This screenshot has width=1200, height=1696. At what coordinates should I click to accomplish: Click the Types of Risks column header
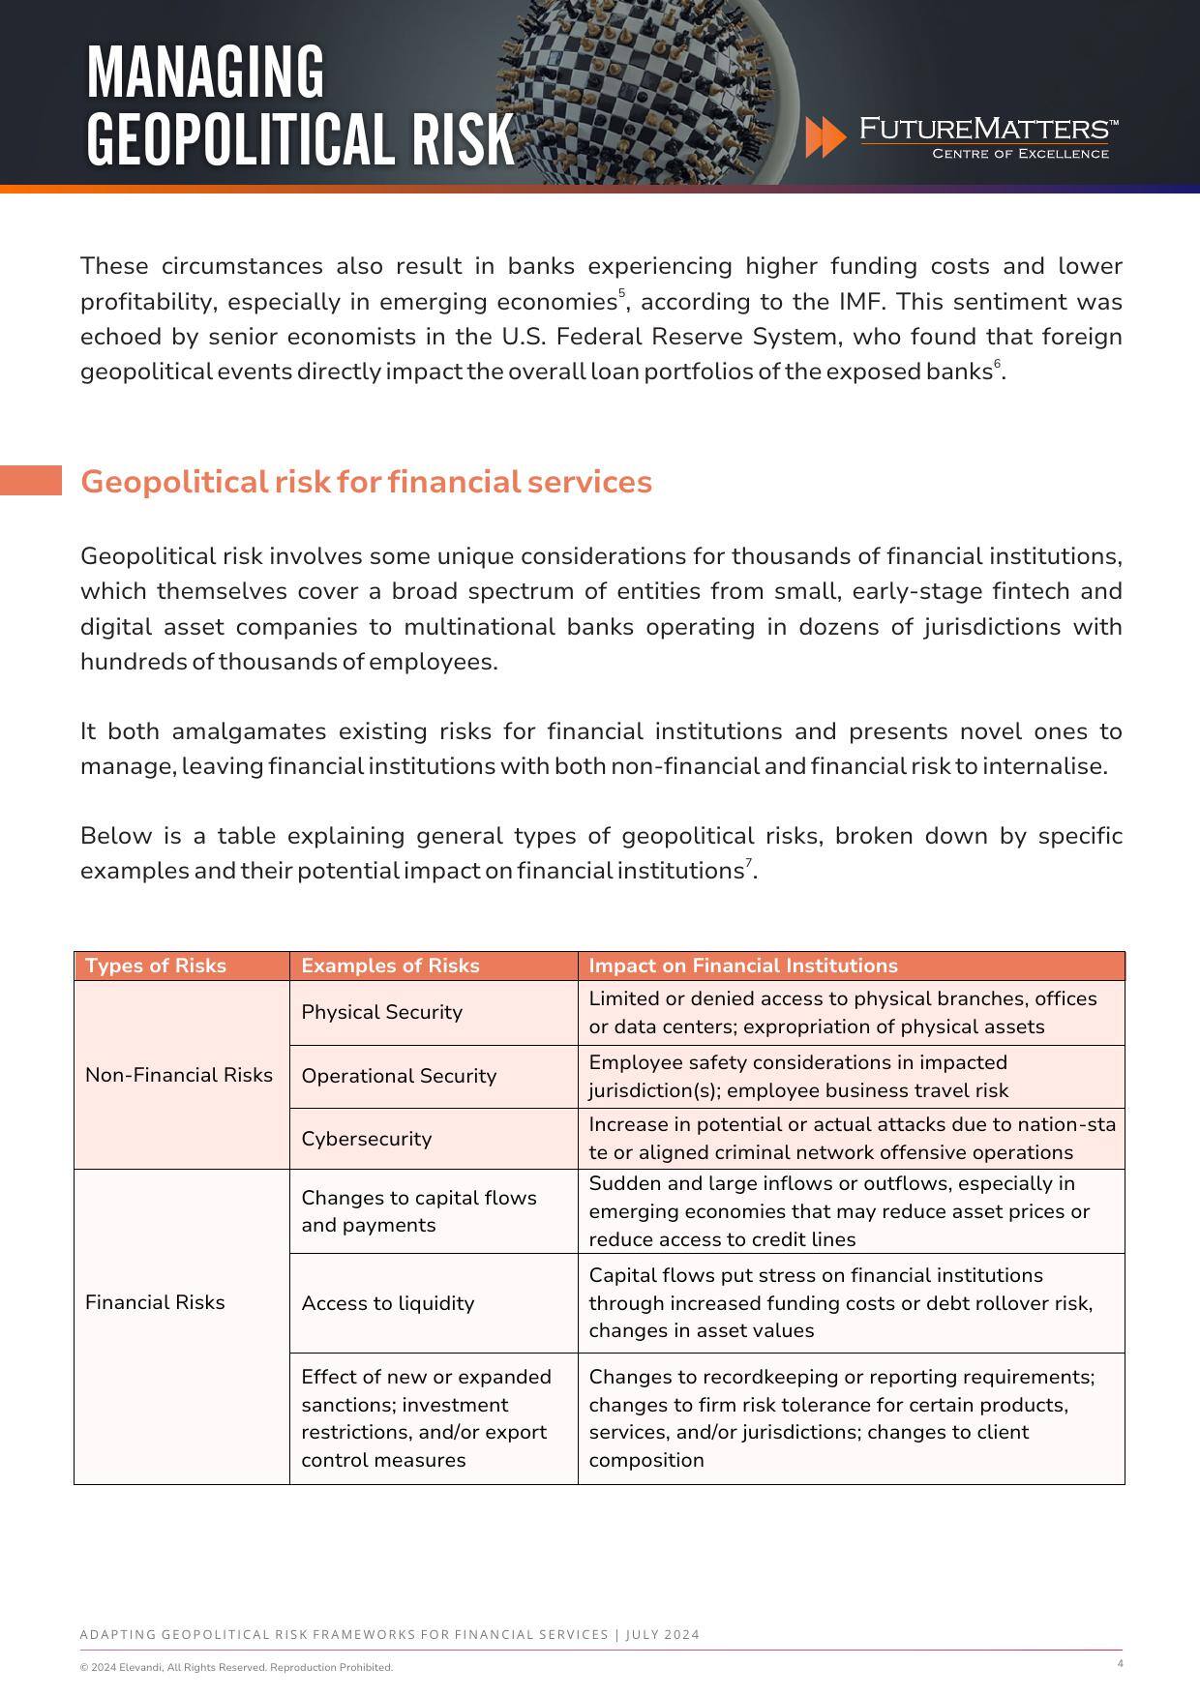[156, 966]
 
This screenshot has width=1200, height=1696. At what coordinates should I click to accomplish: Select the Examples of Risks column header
[390, 966]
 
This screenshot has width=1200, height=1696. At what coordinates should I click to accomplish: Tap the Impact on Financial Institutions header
[743, 966]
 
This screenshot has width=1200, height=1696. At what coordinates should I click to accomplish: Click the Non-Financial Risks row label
[179, 1075]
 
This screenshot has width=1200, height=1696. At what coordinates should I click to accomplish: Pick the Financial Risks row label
[155, 1302]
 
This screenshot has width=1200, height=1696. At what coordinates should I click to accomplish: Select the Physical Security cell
[382, 1012]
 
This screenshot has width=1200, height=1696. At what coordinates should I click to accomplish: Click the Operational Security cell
[399, 1076]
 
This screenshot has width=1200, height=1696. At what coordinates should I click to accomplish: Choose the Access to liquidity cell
[388, 1303]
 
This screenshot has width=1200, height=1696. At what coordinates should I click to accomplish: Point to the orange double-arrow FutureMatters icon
[825, 137]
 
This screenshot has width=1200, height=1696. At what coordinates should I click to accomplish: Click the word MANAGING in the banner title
[205, 73]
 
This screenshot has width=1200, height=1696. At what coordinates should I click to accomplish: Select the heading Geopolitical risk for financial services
[366, 482]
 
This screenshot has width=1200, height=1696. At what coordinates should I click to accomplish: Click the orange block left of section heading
[30, 481]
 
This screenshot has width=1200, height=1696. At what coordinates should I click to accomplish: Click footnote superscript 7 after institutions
[748, 862]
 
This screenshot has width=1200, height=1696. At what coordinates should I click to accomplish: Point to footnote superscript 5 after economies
[622, 293]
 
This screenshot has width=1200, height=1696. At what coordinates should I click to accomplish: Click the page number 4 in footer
[1120, 1664]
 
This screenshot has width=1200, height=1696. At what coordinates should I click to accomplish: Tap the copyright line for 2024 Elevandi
[236, 1667]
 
